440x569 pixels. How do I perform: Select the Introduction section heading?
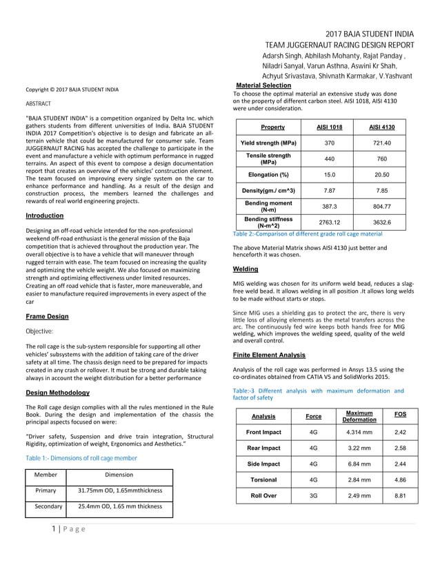(x=44, y=216)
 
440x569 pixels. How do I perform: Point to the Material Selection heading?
(x=263, y=85)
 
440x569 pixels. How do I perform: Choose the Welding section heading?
(x=246, y=269)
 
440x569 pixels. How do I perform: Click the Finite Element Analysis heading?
(x=269, y=355)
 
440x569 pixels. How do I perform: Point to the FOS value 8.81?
(x=399, y=495)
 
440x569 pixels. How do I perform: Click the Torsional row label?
(x=263, y=479)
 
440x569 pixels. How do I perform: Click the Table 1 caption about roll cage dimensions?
(x=81, y=457)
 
